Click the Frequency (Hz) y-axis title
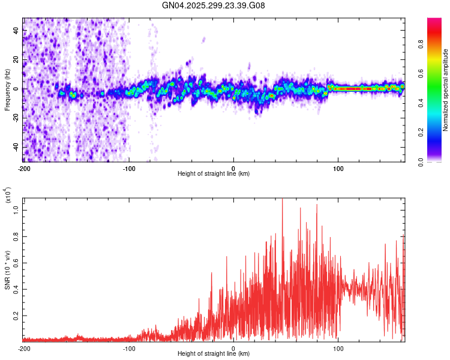click(x=7, y=90)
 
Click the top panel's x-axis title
click(x=214, y=173)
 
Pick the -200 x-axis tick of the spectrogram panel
click(x=25, y=168)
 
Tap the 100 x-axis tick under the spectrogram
click(x=338, y=168)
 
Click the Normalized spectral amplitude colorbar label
click(x=446, y=90)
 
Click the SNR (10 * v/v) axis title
click(x=7, y=270)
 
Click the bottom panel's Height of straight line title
click(x=214, y=353)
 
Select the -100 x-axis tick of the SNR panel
click(x=129, y=348)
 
